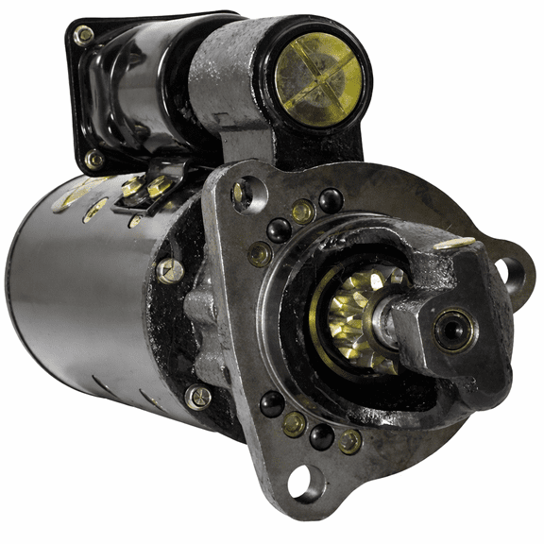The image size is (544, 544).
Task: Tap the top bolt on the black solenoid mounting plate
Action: pyautogui.click(x=84, y=35)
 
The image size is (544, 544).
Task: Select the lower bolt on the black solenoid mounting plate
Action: pyautogui.click(x=93, y=160)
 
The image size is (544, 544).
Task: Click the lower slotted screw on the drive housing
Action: pyautogui.click(x=198, y=398)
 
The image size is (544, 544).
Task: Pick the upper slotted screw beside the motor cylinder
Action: pyautogui.click(x=170, y=270)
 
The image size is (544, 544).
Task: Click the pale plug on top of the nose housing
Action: pyautogui.click(x=456, y=244)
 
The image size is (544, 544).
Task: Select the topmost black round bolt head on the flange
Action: pyautogui.click(x=331, y=200)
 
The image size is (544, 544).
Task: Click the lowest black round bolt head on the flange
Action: pyautogui.click(x=321, y=435)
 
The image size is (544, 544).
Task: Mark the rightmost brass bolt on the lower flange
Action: pyautogui.click(x=351, y=441)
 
